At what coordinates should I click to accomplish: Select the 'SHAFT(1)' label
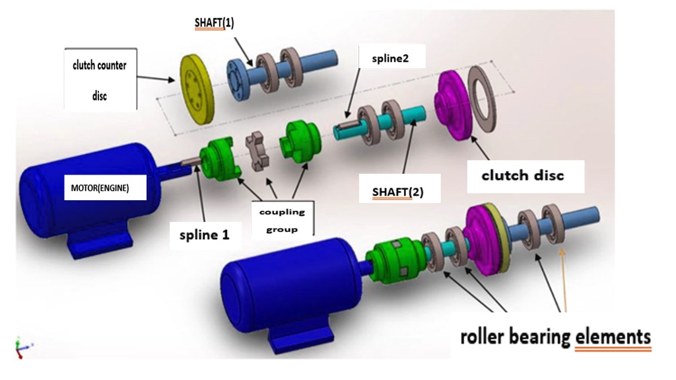click(214, 23)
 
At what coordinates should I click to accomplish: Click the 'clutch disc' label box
click(522, 176)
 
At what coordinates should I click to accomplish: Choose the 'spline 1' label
click(204, 234)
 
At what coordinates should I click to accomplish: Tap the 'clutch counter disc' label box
click(100, 79)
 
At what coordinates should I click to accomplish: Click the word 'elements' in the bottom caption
click(613, 337)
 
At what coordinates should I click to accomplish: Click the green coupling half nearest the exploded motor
click(219, 159)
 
